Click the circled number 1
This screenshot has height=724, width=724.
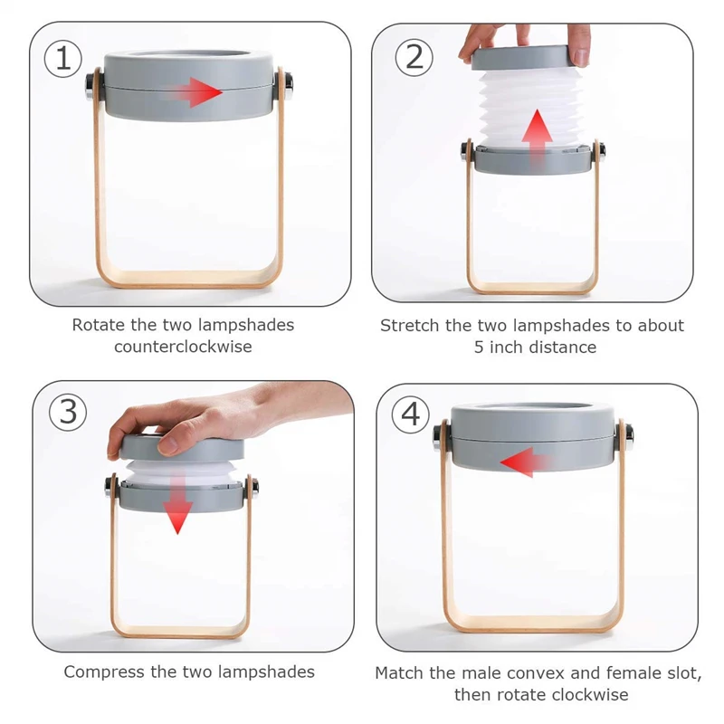pos(63,59)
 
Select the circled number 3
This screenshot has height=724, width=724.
pos(69,412)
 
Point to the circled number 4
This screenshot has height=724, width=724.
pos(410,414)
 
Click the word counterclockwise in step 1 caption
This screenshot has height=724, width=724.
pos(183,347)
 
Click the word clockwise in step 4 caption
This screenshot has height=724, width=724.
pos(589,694)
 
